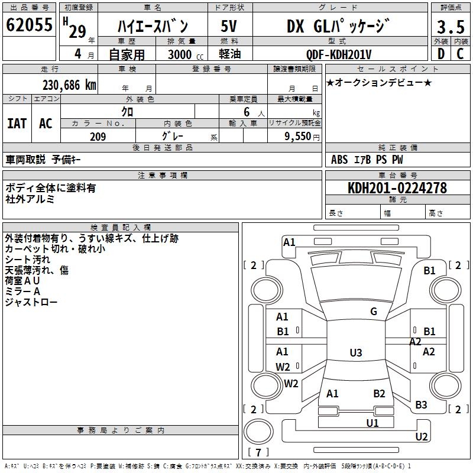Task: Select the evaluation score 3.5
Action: [451, 27]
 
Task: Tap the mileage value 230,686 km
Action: [69, 85]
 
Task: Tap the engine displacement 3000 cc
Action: [183, 54]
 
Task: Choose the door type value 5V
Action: [229, 27]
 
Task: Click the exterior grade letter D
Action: [440, 54]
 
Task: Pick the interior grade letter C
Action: [461, 54]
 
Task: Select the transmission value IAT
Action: [17, 123]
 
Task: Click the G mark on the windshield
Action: [374, 312]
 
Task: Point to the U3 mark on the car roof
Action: [355, 353]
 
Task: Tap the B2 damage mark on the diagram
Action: [379, 393]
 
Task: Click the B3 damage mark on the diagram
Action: [421, 405]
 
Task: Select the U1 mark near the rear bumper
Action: [372, 423]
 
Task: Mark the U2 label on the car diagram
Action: [422, 437]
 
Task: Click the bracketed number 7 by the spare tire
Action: [258, 452]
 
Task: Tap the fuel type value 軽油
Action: [229, 54]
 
